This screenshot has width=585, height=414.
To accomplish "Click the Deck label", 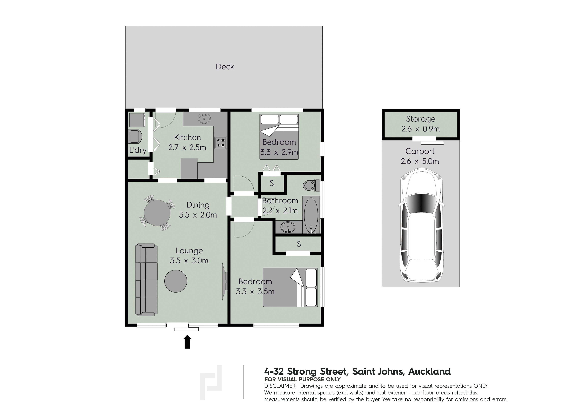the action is click(225, 67).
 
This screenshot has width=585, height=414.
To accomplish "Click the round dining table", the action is click(157, 213).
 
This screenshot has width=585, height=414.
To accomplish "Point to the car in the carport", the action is click(421, 225).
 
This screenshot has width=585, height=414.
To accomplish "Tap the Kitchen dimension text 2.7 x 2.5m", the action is click(187, 147).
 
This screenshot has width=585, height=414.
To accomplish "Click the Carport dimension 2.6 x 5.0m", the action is click(420, 161).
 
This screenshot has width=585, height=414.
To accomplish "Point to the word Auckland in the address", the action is click(430, 372).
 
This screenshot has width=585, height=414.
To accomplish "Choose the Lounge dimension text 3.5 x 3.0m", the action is click(189, 261).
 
